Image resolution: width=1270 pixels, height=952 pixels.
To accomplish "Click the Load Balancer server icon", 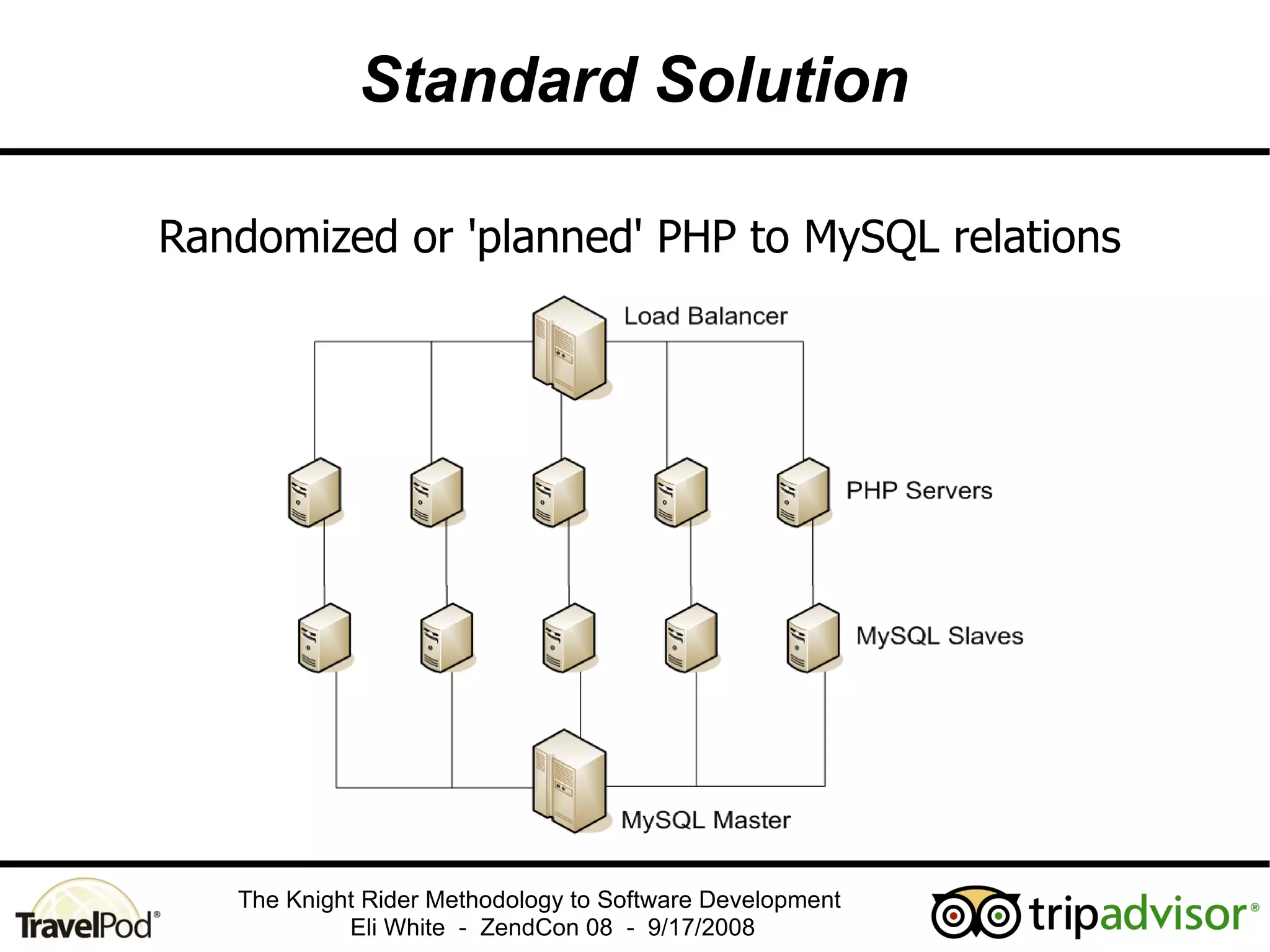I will [x=569, y=348].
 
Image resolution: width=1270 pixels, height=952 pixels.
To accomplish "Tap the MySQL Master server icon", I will [x=569, y=781].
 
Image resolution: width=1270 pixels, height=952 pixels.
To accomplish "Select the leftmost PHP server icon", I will [x=314, y=493].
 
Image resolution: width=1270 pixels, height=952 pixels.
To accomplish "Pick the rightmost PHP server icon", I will [x=803, y=493].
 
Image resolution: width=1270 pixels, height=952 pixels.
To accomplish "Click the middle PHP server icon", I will [x=559, y=493].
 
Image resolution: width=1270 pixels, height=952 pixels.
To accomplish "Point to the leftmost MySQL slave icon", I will [x=324, y=638].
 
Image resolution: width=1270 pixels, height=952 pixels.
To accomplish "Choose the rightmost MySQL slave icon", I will [x=813, y=638].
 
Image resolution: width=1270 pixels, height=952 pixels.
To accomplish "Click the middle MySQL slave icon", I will [x=569, y=638].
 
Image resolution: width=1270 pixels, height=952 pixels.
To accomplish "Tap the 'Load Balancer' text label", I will [x=705, y=317].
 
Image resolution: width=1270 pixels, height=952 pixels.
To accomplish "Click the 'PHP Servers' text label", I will [x=919, y=491].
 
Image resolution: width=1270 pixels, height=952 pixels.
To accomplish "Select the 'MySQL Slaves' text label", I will [x=939, y=636].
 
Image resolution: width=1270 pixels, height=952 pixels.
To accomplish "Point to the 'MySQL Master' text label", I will [x=706, y=821].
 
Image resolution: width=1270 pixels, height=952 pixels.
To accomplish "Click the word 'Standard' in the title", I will [x=500, y=81].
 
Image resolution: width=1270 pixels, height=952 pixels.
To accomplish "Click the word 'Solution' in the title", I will [x=782, y=81].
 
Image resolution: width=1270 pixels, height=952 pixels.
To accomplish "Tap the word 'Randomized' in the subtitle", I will [x=278, y=238].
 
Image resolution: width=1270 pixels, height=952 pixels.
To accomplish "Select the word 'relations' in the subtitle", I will [x=1037, y=238].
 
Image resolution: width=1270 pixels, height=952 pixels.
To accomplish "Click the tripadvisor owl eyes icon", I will [x=975, y=913].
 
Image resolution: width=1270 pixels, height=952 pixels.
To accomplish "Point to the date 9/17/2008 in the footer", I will [x=701, y=928].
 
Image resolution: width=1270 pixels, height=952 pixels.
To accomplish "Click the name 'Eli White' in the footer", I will [x=397, y=928].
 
